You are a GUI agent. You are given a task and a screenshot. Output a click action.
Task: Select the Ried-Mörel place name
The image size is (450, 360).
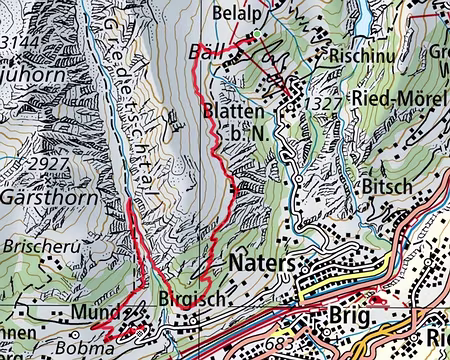[x=399, y=100]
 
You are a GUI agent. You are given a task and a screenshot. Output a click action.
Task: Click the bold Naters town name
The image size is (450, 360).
[x=262, y=263]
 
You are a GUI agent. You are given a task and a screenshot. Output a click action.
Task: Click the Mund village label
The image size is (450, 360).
[x=96, y=312]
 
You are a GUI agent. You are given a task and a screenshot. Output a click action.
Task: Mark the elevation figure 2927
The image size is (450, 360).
[x=47, y=161]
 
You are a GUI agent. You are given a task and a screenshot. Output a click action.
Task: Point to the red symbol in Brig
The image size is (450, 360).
[x=377, y=299]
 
